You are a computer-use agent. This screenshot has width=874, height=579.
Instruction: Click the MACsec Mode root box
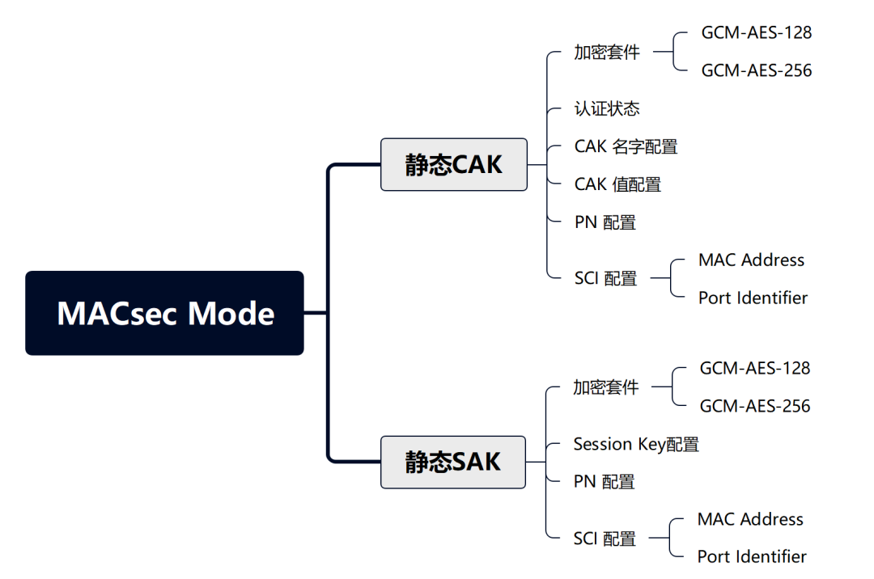(x=165, y=313)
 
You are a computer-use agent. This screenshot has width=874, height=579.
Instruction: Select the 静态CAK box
(x=453, y=164)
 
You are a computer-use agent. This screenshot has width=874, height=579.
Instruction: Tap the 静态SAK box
(x=452, y=462)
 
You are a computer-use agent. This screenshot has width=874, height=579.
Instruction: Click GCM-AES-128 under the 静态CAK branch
(x=756, y=33)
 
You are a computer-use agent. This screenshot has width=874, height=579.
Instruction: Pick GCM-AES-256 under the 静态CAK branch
(x=756, y=70)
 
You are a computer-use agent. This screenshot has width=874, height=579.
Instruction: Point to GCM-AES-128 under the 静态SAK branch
(x=754, y=368)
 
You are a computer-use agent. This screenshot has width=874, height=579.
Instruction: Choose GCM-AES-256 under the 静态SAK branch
(x=754, y=406)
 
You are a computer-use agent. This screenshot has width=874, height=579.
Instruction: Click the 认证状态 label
(x=607, y=108)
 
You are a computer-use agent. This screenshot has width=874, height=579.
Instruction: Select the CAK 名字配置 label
(x=626, y=146)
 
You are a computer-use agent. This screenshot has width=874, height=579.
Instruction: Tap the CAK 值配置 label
(x=617, y=184)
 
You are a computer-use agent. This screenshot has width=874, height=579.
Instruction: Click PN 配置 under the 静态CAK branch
(x=605, y=222)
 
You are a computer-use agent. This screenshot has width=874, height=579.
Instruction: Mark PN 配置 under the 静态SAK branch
(x=604, y=482)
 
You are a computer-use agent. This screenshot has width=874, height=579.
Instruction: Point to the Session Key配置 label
(x=636, y=444)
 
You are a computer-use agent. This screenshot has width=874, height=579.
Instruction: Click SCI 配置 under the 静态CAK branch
(x=605, y=279)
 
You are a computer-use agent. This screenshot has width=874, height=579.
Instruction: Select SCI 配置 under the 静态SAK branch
(x=605, y=539)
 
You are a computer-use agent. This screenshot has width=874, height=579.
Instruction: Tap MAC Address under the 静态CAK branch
(x=751, y=260)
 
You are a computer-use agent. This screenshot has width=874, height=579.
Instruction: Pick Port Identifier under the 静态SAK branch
(x=752, y=556)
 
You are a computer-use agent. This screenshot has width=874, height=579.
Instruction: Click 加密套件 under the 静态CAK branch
(x=607, y=53)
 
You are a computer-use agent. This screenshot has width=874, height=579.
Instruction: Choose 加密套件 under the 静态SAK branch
(x=606, y=387)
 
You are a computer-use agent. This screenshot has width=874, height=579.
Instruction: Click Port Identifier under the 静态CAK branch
(x=753, y=298)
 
